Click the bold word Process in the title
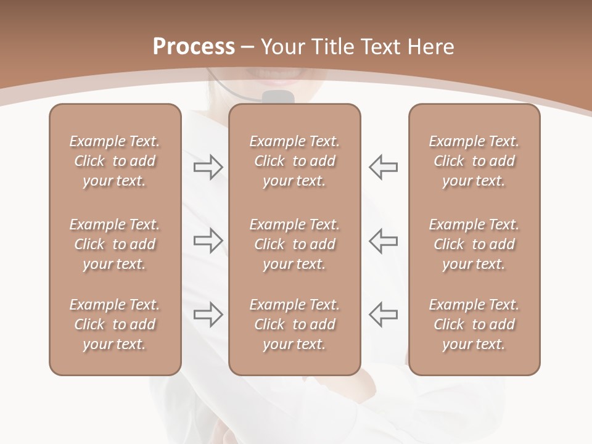pyautogui.click(x=193, y=47)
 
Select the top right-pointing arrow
pyautogui.click(x=208, y=167)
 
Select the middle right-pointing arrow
pyautogui.click(x=208, y=240)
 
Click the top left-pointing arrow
pyautogui.click(x=383, y=167)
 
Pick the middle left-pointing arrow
pyautogui.click(x=383, y=240)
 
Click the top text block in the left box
pyautogui.click(x=115, y=161)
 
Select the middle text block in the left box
pyautogui.click(x=115, y=244)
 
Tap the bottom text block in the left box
pyautogui.click(x=115, y=324)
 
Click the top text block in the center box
pyautogui.click(x=295, y=161)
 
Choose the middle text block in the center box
pyautogui.click(x=295, y=244)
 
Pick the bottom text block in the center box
pyautogui.click(x=295, y=324)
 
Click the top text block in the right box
pyautogui.click(x=474, y=161)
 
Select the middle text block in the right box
pyautogui.click(x=474, y=244)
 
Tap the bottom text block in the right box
pyautogui.click(x=474, y=324)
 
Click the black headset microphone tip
pyautogui.click(x=277, y=97)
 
